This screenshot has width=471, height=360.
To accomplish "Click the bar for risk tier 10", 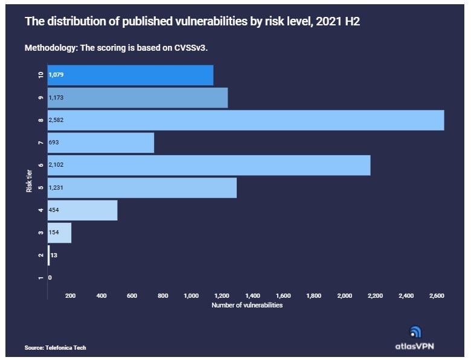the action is point(130,75).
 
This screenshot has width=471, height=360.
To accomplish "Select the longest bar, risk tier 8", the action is point(246,120).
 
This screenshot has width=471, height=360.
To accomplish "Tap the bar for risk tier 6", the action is point(209,166).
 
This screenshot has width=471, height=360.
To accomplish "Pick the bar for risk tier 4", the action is point(83,210).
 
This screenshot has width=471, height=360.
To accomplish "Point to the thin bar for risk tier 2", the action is point(49,256).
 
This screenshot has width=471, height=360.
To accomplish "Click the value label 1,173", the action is point(56,98).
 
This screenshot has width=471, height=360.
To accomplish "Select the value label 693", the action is point(54,143).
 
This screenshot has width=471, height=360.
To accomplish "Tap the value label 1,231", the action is point(56,187).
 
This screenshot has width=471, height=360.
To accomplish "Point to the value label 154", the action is point(54,233).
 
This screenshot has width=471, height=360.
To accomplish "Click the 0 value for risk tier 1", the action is point(50,278).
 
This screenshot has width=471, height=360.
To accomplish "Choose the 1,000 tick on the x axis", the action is point(191,296).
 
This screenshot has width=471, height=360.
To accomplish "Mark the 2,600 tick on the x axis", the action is point(437,296).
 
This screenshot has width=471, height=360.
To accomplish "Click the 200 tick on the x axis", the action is point(71,296).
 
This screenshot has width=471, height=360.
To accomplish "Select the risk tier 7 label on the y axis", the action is point(41,143).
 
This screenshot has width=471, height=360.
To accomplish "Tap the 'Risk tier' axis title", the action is point(29,181).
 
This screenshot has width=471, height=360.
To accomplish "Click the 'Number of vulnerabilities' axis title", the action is point(247,305).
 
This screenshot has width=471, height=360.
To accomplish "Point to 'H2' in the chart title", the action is point(353,22).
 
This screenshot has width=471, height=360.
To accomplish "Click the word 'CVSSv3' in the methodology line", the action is point(190,48).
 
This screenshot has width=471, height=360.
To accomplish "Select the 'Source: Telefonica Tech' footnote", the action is point(56,348).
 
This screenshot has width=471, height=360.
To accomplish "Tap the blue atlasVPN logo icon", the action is point(415,332).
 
